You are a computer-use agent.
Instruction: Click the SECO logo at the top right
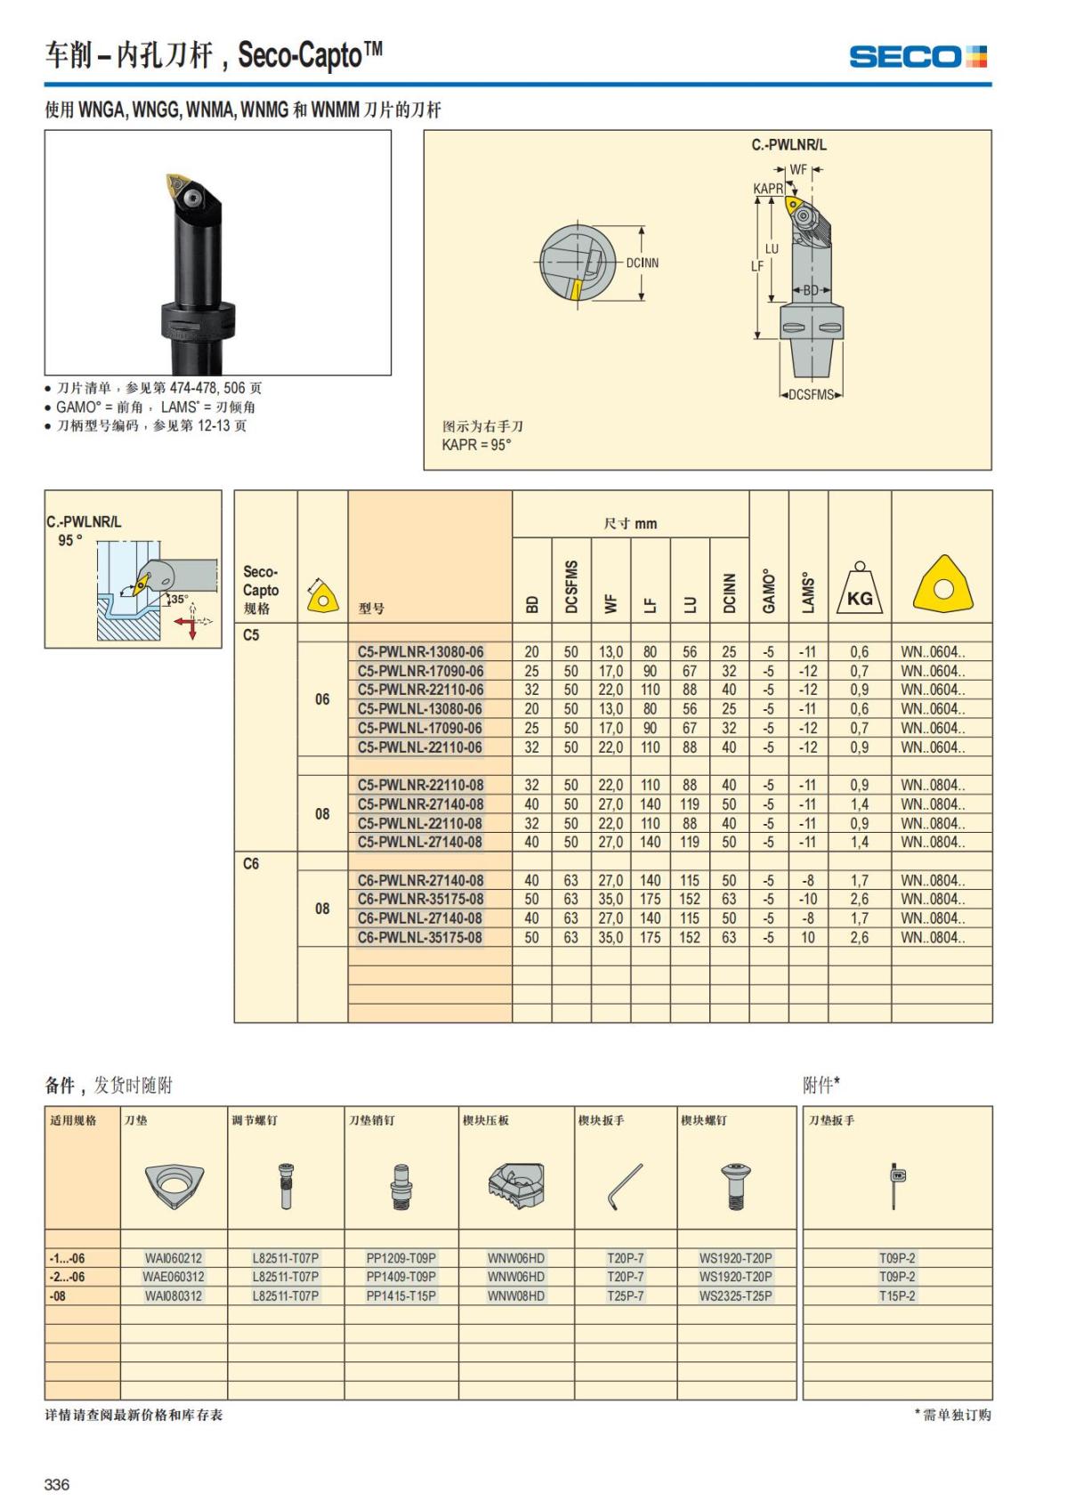click(918, 57)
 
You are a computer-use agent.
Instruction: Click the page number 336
click(57, 1483)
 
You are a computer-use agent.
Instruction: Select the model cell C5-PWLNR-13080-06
click(420, 651)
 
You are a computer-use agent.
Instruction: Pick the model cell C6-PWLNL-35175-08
click(420, 937)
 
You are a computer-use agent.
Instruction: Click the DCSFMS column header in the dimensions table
click(571, 586)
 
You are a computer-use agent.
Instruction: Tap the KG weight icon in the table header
click(859, 592)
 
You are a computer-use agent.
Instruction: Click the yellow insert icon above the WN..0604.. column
click(943, 587)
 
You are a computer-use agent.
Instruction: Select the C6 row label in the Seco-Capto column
click(251, 863)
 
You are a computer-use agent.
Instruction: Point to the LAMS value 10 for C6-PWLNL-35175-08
click(807, 937)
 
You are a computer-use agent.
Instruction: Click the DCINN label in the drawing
click(642, 262)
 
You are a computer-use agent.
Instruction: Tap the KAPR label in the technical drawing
click(768, 189)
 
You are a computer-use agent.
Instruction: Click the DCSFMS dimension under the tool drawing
click(811, 395)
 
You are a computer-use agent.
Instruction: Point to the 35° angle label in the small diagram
click(180, 599)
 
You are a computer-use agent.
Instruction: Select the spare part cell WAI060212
click(174, 1258)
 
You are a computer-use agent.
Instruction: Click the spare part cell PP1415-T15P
click(401, 1296)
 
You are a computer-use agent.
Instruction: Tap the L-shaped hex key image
click(625, 1186)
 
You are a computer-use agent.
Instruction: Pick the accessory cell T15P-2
click(897, 1296)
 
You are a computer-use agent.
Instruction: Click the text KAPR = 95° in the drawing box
click(477, 444)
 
